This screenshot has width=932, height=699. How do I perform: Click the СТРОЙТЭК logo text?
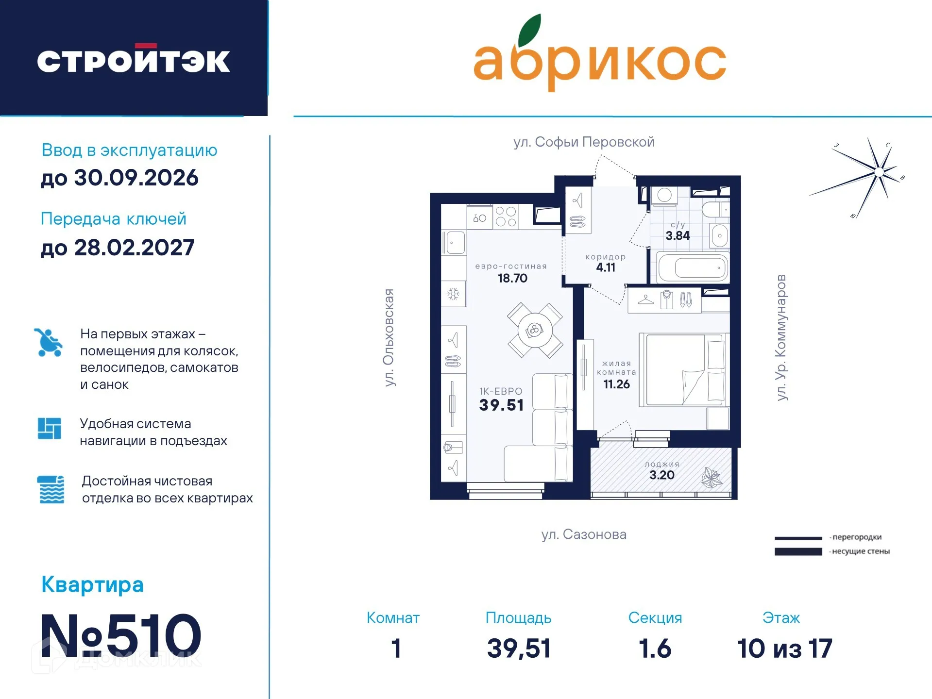(134, 61)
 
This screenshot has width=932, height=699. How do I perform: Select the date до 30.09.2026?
(119, 178)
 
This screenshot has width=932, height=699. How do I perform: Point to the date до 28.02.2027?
(118, 248)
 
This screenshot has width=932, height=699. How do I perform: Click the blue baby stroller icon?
(49, 343)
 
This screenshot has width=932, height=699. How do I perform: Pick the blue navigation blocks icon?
(50, 429)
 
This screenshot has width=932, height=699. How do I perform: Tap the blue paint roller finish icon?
(51, 489)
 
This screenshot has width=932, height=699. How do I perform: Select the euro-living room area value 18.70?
(512, 278)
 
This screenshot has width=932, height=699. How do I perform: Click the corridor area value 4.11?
(606, 267)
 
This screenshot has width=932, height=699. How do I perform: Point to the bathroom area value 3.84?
(678, 236)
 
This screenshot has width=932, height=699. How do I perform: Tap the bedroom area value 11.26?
(616, 384)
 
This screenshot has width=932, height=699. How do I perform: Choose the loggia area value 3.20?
(661, 475)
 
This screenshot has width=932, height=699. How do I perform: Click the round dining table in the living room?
(535, 331)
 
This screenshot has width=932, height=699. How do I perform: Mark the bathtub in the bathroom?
(693, 267)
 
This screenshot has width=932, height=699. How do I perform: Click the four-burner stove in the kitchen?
(506, 216)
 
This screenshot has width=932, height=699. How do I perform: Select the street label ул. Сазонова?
(584, 534)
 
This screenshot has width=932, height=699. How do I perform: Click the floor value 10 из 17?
(784, 649)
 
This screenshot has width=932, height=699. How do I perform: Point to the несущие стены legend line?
(798, 551)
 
